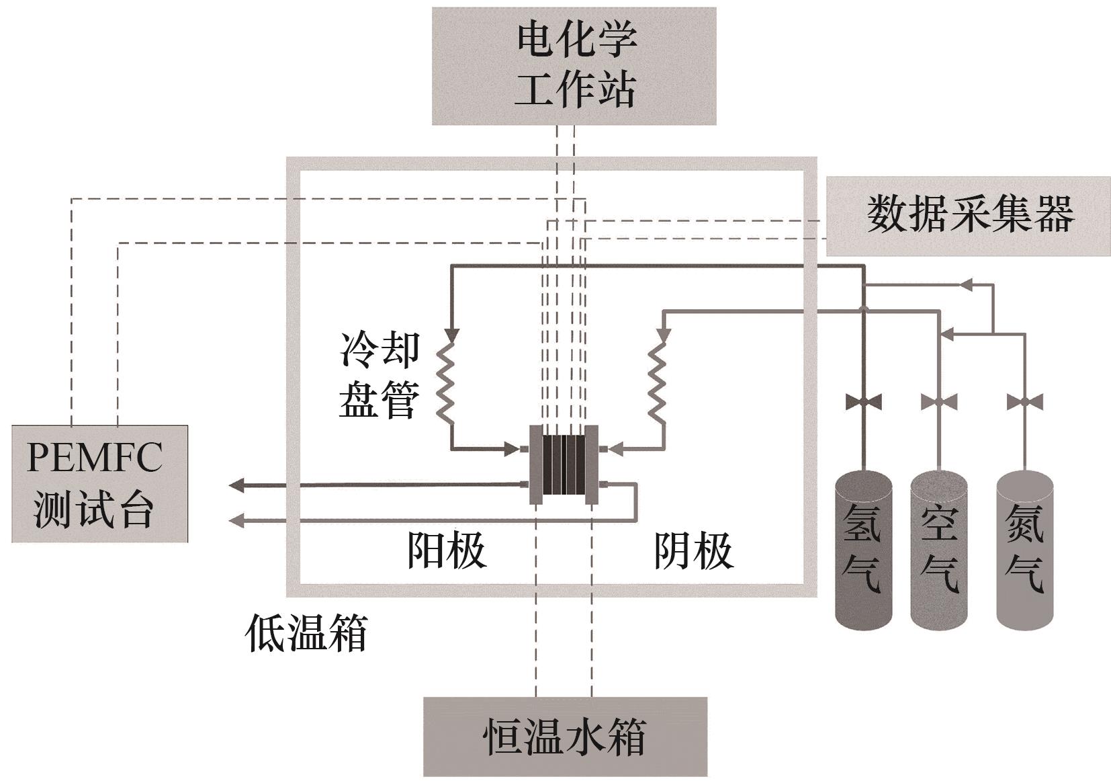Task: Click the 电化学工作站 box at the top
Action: (574, 66)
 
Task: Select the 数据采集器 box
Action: (967, 216)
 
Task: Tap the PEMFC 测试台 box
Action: (99, 483)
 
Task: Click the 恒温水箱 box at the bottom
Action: (565, 737)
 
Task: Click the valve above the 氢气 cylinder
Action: (864, 403)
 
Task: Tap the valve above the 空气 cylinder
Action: (939, 403)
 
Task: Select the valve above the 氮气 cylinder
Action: (1025, 403)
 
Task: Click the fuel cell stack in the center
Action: (564, 464)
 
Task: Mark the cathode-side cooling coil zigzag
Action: (658, 383)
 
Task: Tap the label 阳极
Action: (447, 550)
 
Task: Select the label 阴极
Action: (693, 550)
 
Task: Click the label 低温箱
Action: (306, 633)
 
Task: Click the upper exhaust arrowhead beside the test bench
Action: (236, 485)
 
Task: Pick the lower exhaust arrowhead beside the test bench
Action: (236, 520)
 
